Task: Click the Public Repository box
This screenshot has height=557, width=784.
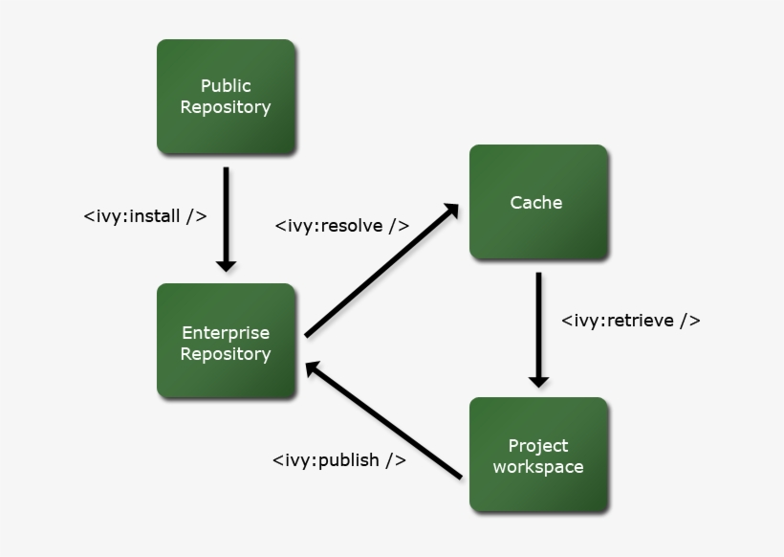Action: (x=226, y=97)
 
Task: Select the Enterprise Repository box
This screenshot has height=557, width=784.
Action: (x=226, y=341)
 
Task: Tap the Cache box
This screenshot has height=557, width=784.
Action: (x=537, y=202)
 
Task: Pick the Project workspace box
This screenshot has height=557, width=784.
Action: (x=538, y=455)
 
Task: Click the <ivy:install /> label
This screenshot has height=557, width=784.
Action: (x=145, y=215)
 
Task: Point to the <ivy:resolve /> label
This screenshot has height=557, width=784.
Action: (x=342, y=226)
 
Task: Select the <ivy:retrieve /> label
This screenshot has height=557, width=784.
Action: (x=630, y=321)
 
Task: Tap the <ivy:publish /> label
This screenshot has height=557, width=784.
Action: (x=338, y=459)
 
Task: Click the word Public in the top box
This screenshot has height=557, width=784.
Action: (x=226, y=86)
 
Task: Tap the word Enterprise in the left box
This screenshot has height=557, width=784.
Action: (x=226, y=333)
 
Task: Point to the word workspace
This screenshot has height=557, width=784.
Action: (x=538, y=467)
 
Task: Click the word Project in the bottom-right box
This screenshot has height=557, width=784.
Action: (x=538, y=445)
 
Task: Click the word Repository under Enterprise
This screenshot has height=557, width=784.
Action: (x=226, y=354)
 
